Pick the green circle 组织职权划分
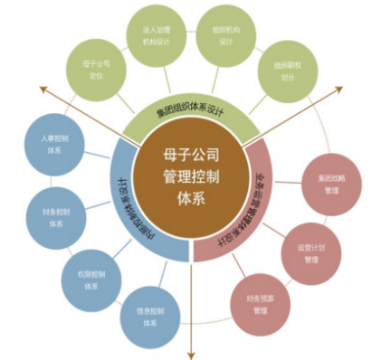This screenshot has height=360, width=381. tap(283, 71)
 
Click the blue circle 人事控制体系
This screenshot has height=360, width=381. tap(50, 148)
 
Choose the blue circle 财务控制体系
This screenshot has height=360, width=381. tap(56, 216)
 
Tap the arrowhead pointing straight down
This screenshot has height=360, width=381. tap(191, 353)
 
